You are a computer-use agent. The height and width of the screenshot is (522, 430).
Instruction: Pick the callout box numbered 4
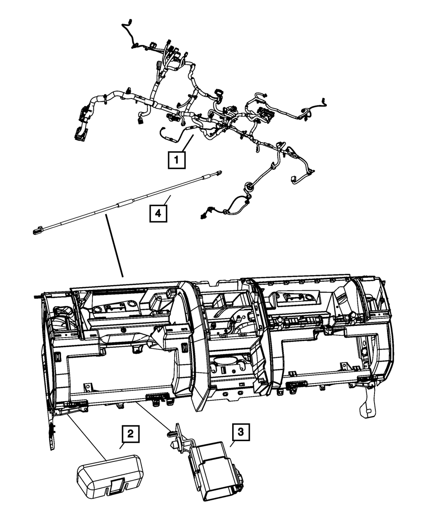point(158,213)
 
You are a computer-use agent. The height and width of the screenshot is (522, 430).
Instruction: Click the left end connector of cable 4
point(37,232)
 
